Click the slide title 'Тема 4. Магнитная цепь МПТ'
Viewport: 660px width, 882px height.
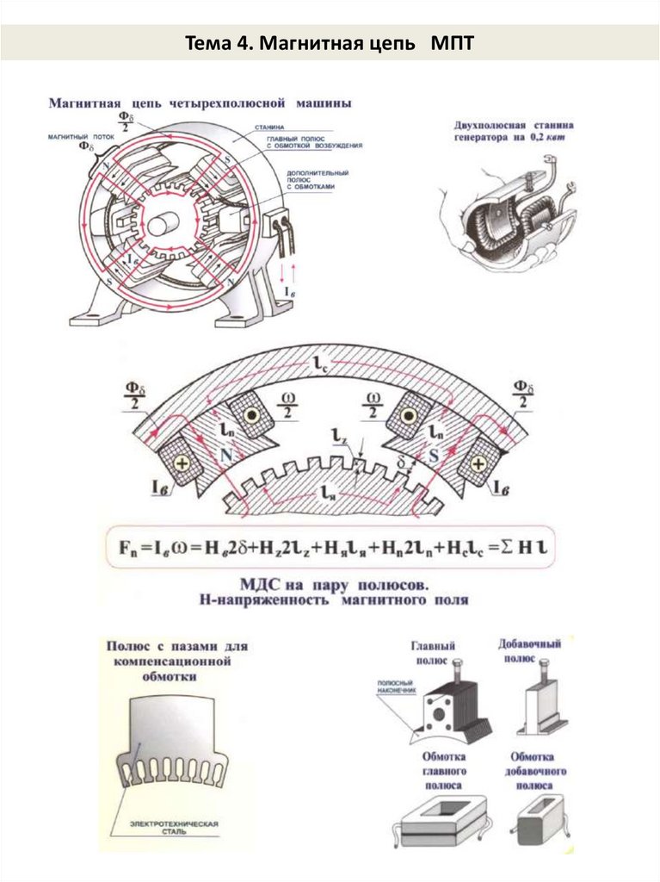coord(329,42)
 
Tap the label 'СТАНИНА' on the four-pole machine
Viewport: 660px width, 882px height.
coord(269,127)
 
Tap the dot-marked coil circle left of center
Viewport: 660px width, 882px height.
coord(250,415)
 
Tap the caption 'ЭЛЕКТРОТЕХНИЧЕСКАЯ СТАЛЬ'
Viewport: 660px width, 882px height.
coord(175,829)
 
